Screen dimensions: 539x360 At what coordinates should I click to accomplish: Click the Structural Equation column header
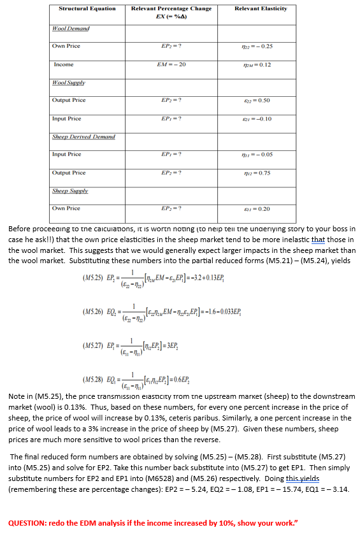(x=87, y=8)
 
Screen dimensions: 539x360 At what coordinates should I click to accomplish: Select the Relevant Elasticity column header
(x=261, y=8)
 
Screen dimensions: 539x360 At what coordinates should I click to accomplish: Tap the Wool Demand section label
(x=71, y=29)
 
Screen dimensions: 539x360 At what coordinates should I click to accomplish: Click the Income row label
(x=63, y=64)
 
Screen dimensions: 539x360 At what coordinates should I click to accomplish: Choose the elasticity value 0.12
(x=261, y=64)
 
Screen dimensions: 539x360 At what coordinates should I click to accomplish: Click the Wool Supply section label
(x=69, y=82)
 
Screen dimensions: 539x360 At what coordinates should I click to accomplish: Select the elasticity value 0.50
(x=261, y=100)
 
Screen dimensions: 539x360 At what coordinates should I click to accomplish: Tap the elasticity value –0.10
(x=261, y=119)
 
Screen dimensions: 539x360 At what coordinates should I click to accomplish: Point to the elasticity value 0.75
(x=261, y=173)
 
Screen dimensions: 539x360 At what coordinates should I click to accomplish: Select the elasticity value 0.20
(x=261, y=208)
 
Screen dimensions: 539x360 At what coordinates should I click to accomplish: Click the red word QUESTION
(x=30, y=523)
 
